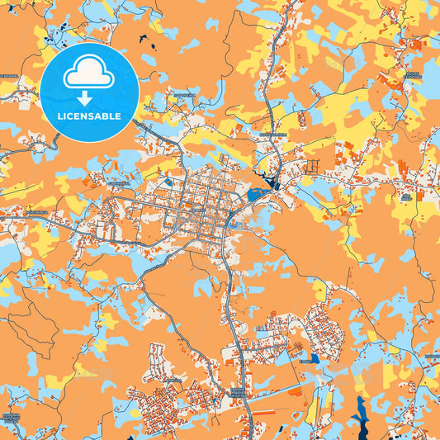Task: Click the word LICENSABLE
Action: coord(89,116)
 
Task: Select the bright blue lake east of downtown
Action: coord(253,196)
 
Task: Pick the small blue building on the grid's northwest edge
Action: coord(168,182)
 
